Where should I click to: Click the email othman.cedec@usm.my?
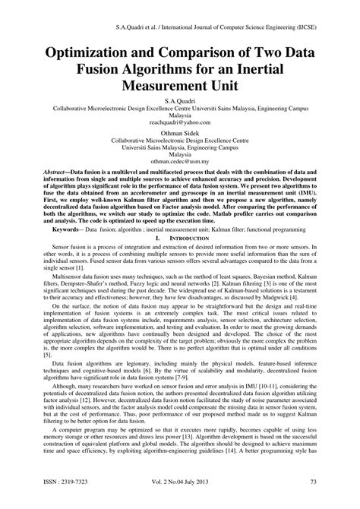pos(180,162)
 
